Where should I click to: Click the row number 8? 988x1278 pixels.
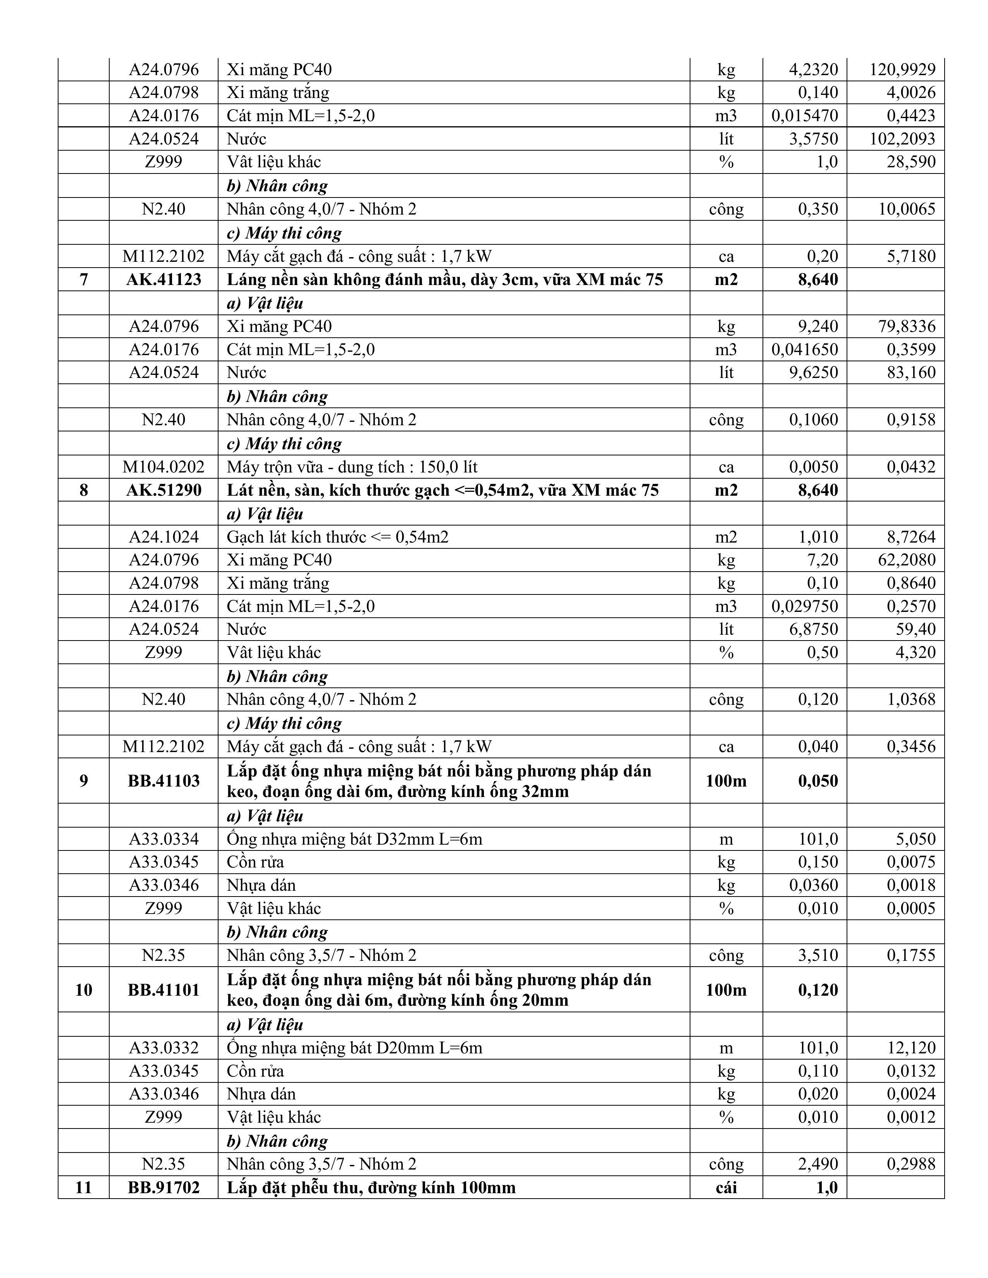pyautogui.click(x=83, y=490)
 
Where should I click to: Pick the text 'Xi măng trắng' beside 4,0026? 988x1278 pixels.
pyautogui.click(x=278, y=93)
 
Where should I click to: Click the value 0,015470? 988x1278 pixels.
pyautogui.click(x=804, y=116)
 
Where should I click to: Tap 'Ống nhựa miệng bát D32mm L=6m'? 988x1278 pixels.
pyautogui.click(x=355, y=839)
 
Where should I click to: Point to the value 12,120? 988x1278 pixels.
pyautogui.click(x=911, y=1048)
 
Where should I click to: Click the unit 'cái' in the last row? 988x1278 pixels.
pyautogui.click(x=726, y=1187)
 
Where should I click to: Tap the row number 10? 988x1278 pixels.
pyautogui.click(x=83, y=989)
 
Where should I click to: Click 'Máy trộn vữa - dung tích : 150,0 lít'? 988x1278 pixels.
pyautogui.click(x=352, y=467)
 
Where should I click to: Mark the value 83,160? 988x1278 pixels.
pyautogui.click(x=911, y=373)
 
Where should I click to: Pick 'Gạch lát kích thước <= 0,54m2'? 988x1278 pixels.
pyautogui.click(x=338, y=537)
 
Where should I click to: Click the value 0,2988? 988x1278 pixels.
pyautogui.click(x=911, y=1164)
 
